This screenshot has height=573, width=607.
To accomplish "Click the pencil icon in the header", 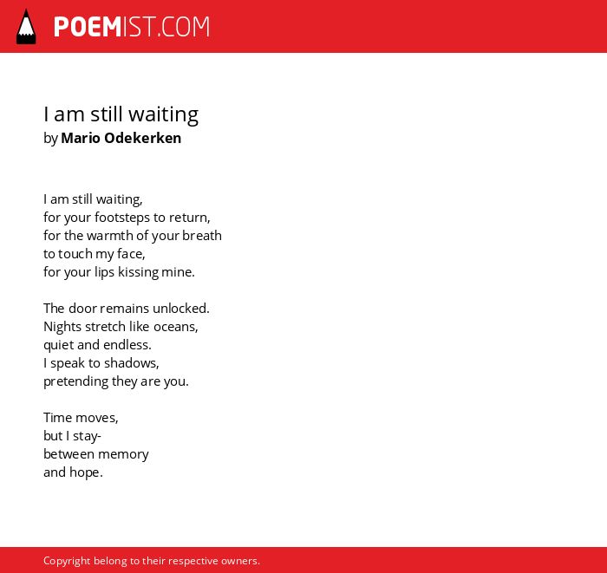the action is (x=26, y=27).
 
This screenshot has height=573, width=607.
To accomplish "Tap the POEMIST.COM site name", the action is (x=132, y=27).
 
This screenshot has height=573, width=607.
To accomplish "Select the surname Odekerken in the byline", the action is (x=142, y=138).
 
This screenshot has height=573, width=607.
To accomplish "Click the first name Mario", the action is (x=81, y=138).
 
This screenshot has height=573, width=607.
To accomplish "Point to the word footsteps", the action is (x=122, y=218).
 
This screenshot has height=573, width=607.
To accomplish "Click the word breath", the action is (x=202, y=236).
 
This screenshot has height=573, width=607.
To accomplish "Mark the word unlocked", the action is (x=180, y=309).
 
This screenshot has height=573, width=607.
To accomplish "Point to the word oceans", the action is (x=176, y=327).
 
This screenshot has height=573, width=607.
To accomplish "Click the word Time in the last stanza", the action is (x=58, y=418).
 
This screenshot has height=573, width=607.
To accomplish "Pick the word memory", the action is (x=123, y=454).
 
